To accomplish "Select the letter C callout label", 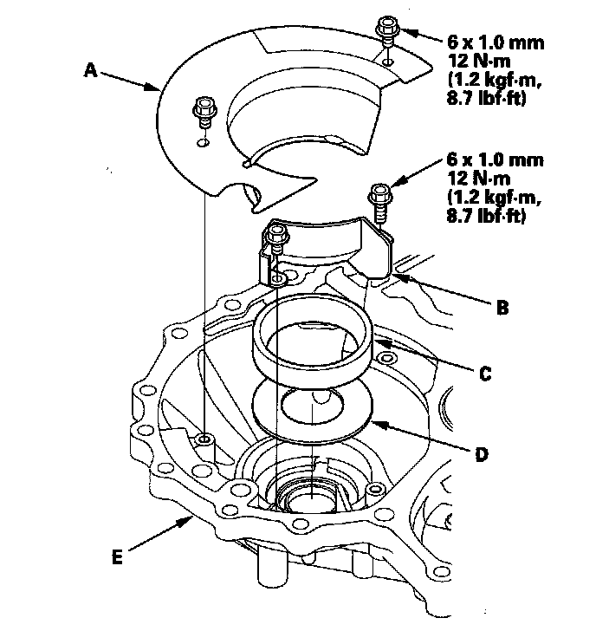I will [x=485, y=374].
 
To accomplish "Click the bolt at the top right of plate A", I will [x=386, y=29].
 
